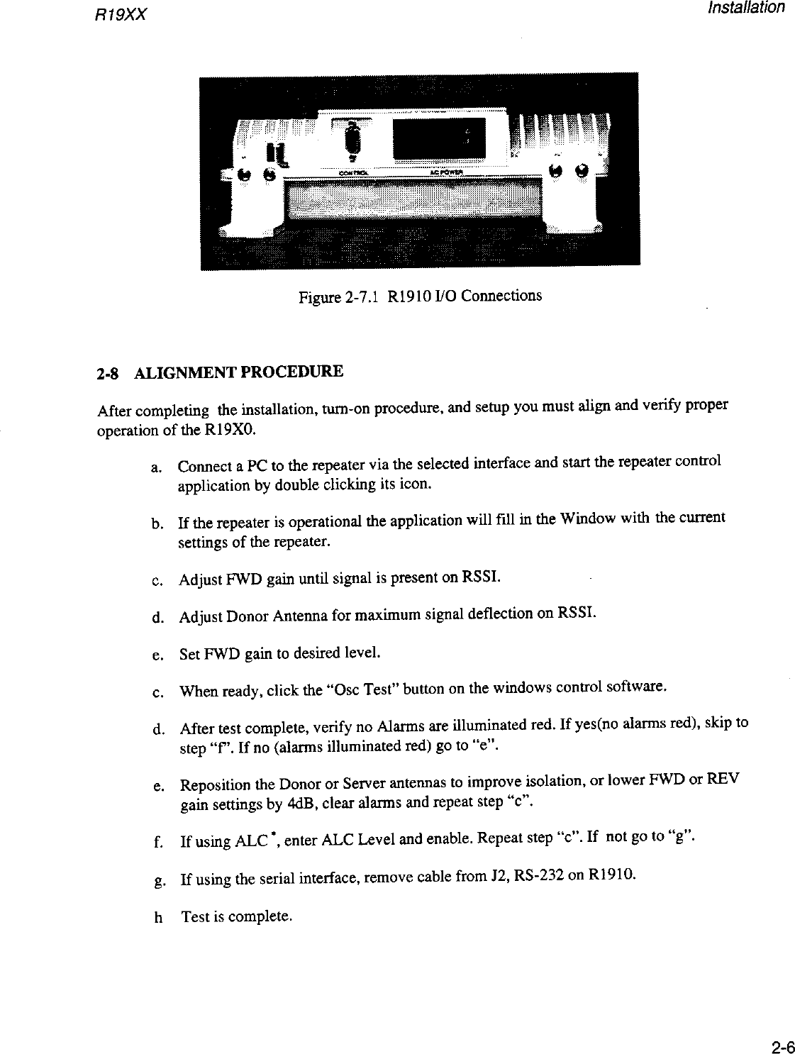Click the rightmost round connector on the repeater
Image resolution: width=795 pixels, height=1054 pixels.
click(x=582, y=170)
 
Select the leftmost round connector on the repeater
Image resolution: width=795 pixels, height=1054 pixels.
click(x=244, y=175)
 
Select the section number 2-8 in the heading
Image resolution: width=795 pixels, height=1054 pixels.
click(x=107, y=372)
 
